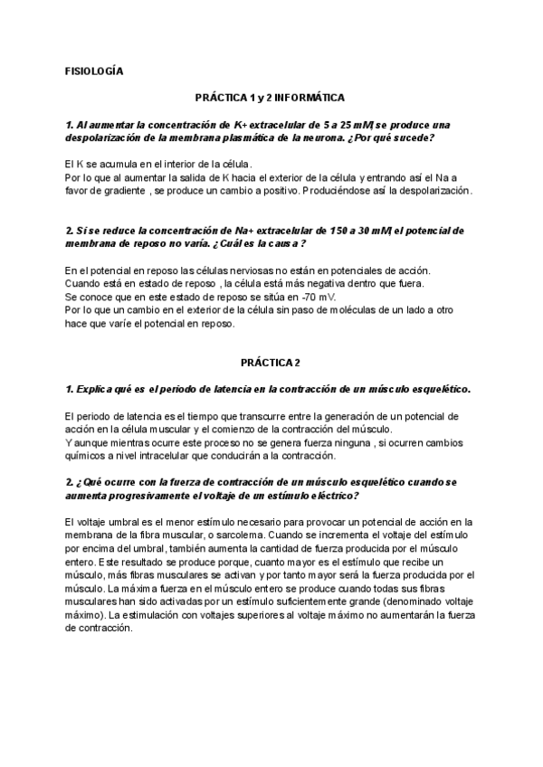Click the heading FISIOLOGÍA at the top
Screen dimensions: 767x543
[94, 70]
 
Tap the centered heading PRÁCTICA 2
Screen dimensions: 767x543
[271, 363]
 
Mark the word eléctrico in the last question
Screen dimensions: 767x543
[330, 497]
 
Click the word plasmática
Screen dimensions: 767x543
[237, 137]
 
